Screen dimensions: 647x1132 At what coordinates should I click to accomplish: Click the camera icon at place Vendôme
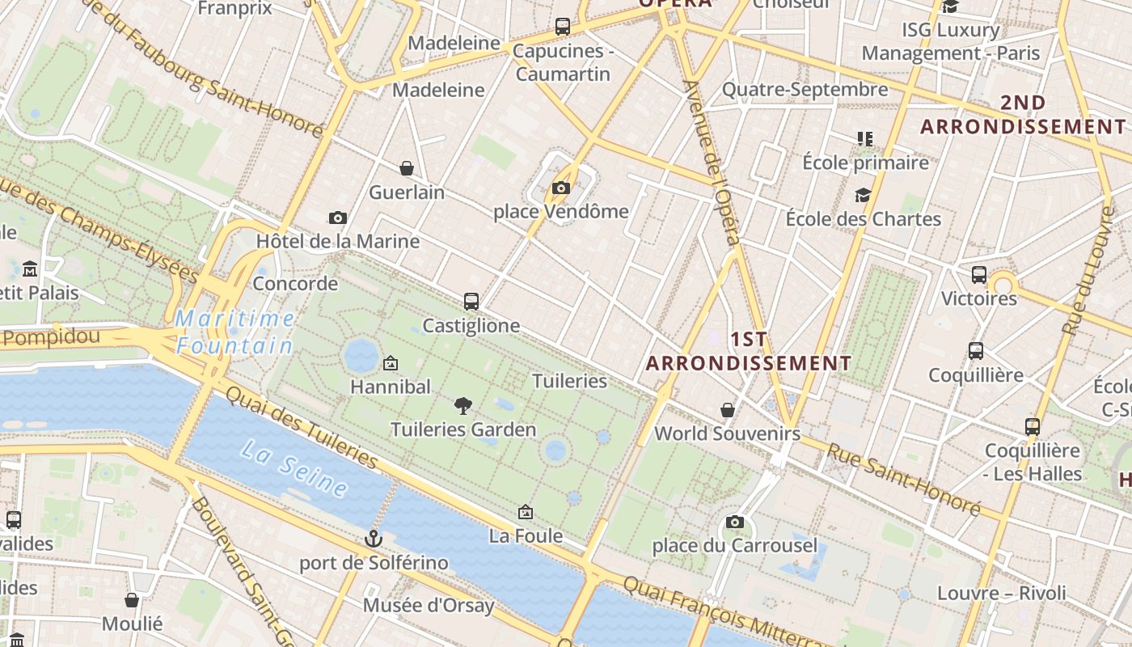click(560, 188)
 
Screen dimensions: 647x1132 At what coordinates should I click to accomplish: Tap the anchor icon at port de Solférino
click(373, 538)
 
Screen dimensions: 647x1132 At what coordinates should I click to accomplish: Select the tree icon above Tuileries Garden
click(463, 405)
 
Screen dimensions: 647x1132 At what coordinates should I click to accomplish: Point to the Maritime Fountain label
click(234, 332)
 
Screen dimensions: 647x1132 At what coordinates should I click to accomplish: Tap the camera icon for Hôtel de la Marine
click(338, 218)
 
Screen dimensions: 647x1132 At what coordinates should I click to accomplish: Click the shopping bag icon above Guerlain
click(407, 168)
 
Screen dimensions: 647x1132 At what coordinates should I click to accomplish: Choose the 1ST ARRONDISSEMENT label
click(749, 351)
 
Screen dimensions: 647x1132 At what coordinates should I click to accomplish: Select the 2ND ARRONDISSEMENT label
click(1023, 115)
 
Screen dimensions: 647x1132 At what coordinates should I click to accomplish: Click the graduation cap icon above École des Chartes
click(863, 195)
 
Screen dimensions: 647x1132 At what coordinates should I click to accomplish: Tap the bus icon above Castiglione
click(471, 302)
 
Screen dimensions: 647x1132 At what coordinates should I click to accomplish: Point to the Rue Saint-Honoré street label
click(902, 480)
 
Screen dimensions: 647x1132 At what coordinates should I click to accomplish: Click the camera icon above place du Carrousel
click(735, 522)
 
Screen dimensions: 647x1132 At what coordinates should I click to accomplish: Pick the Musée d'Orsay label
click(429, 605)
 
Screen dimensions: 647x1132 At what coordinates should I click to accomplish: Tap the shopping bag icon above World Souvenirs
click(728, 410)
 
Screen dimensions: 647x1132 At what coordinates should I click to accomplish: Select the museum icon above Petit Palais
click(30, 269)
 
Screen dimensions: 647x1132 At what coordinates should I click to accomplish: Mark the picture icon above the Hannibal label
click(391, 363)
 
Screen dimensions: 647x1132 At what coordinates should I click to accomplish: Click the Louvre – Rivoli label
click(1001, 593)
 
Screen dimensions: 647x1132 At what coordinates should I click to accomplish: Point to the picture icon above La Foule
click(526, 512)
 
